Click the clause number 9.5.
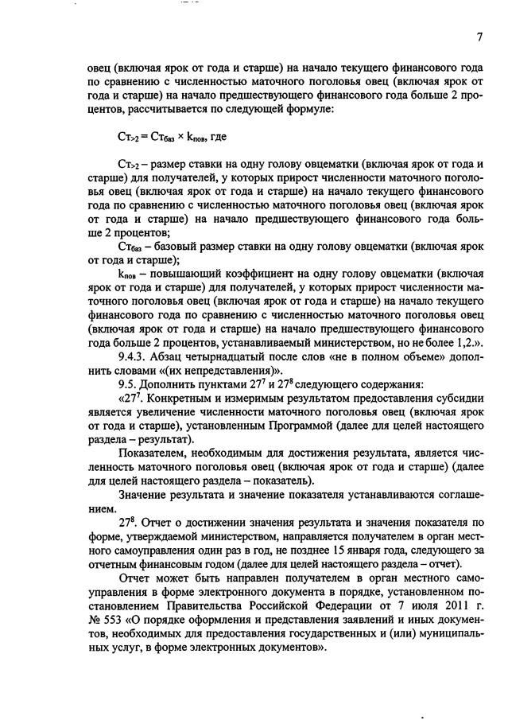click(x=128, y=384)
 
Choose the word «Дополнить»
click(x=170, y=384)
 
